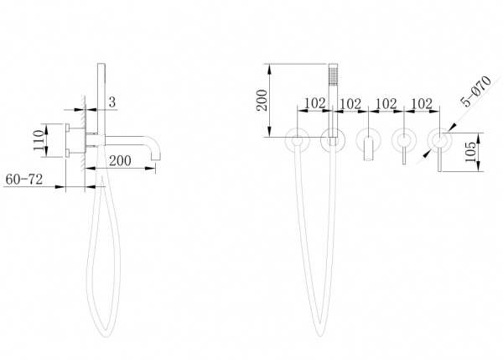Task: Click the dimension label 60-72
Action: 24,180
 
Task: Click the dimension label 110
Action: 39,140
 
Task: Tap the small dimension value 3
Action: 112,102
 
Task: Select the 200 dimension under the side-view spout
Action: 120,160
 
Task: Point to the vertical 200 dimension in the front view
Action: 262,100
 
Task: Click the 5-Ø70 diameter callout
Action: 475,91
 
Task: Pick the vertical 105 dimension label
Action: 471,152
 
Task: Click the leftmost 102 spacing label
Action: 314,103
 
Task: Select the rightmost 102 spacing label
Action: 422,103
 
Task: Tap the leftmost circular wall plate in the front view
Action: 298,140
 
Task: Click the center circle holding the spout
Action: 369,140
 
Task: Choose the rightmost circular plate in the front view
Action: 440,140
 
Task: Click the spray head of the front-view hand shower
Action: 334,74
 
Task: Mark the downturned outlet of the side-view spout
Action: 156,154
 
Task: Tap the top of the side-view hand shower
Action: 101,65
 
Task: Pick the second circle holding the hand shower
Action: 333,140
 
